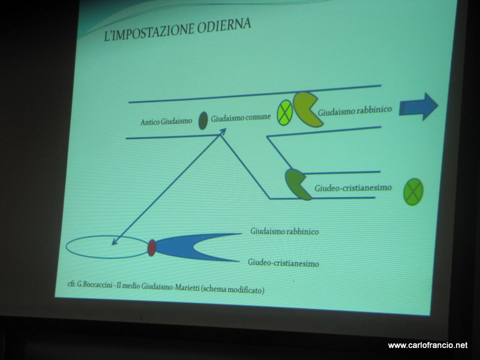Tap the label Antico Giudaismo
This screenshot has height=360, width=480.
pyautogui.click(x=166, y=122)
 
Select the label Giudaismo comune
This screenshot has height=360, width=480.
pyautogui.click(x=241, y=118)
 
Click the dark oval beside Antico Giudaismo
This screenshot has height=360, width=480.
pyautogui.click(x=203, y=121)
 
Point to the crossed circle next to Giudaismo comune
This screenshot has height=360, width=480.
pyautogui.click(x=284, y=112)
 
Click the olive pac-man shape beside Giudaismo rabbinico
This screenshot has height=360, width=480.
pyautogui.click(x=306, y=109)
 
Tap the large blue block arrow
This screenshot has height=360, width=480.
pyautogui.click(x=418, y=107)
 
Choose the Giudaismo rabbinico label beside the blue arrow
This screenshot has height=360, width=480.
pyautogui.click(x=355, y=111)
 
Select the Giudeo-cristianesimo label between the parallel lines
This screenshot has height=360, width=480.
pyautogui.click(x=353, y=188)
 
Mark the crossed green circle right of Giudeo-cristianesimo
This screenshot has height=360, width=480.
pyautogui.click(x=413, y=191)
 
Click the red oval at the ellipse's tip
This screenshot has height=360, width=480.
pyautogui.click(x=152, y=248)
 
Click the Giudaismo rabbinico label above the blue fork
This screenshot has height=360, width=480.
pyautogui.click(x=284, y=231)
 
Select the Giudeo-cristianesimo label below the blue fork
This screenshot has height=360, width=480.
pyautogui.click(x=283, y=263)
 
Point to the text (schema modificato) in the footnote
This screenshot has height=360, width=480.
pyautogui.click(x=233, y=289)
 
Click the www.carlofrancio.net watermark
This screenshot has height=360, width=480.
pyautogui.click(x=428, y=346)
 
